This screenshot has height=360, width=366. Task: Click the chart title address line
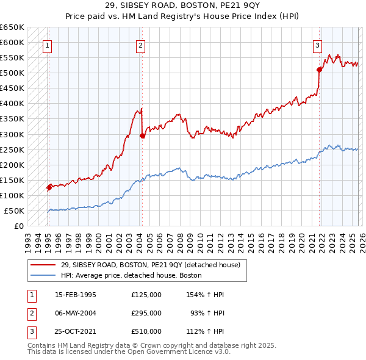(182, 5)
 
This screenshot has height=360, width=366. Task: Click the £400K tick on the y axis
(12, 104)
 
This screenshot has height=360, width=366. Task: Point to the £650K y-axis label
(12, 27)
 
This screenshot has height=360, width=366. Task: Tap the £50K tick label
(14, 211)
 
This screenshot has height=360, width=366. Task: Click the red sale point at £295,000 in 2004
(142, 135)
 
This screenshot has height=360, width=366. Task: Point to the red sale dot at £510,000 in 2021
(319, 70)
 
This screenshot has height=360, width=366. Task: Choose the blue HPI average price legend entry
(131, 276)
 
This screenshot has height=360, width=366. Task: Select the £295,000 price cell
(146, 313)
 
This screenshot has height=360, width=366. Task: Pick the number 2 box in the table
(30, 313)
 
